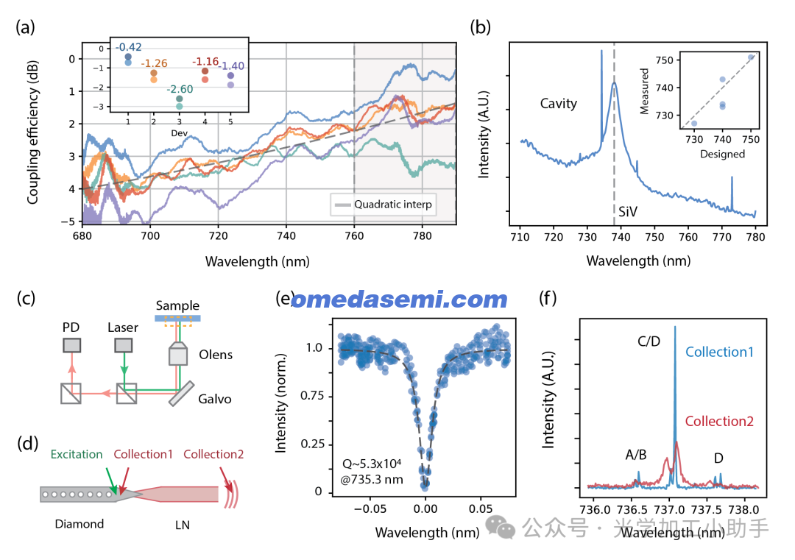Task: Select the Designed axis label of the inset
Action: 722,155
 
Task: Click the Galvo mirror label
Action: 214,398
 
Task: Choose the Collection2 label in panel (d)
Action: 213,454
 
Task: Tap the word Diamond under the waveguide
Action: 79,524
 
